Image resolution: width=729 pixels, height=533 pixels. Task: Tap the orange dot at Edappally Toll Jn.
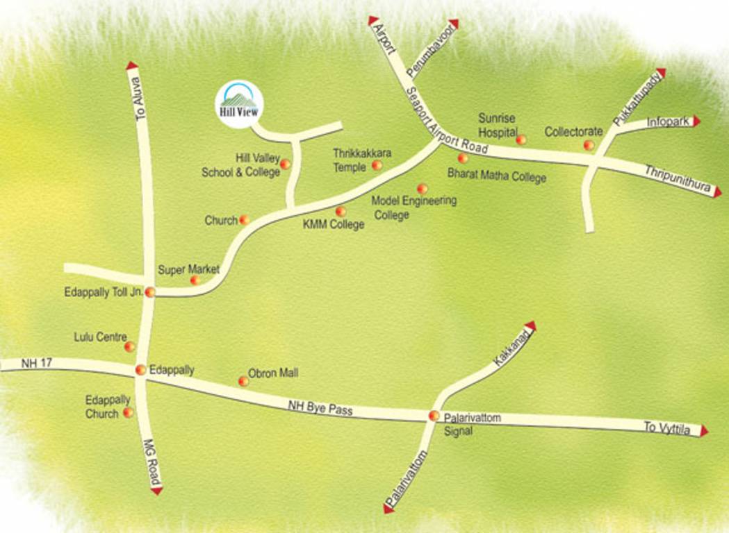pyautogui.click(x=149, y=292)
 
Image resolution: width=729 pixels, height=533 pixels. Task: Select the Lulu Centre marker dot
pyautogui.click(x=129, y=346)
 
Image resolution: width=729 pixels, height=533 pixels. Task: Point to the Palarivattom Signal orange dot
pyautogui.click(x=434, y=416)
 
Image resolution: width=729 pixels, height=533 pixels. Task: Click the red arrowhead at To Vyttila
pyautogui.click(x=704, y=431)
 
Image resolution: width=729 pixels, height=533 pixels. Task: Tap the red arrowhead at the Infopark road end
pyautogui.click(x=696, y=121)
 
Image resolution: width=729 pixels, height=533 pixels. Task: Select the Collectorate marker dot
pyautogui.click(x=589, y=145)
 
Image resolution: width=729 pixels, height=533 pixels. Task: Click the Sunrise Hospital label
pyautogui.click(x=498, y=125)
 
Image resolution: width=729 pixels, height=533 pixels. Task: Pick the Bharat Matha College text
pyautogui.click(x=497, y=177)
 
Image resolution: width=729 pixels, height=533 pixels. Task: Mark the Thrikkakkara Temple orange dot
pyautogui.click(x=377, y=165)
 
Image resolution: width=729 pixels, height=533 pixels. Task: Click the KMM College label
pyautogui.click(x=334, y=224)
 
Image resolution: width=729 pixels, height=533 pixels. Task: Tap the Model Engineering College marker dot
pyautogui.click(x=422, y=189)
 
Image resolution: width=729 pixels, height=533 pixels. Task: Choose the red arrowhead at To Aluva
pyautogui.click(x=132, y=66)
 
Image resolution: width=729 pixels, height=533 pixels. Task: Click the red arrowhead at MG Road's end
pyautogui.click(x=157, y=490)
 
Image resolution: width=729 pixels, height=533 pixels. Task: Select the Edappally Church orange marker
pyautogui.click(x=128, y=413)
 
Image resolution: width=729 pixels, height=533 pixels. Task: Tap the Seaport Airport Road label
pyautogui.click(x=448, y=126)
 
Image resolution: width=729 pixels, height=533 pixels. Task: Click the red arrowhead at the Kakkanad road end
pyautogui.click(x=531, y=325)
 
